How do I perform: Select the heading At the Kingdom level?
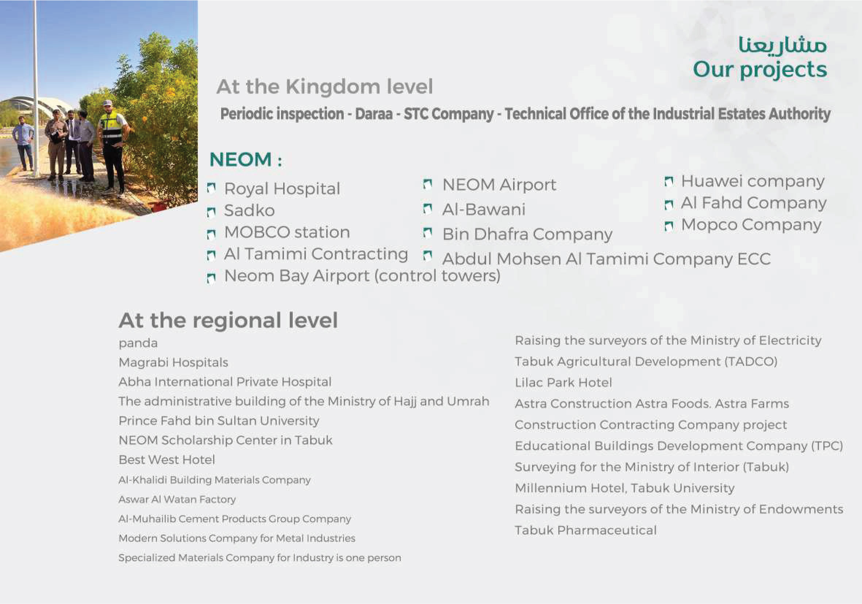(x=325, y=87)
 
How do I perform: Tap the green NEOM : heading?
(x=246, y=159)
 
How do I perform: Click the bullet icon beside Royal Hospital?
(x=212, y=187)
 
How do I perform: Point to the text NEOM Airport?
(x=499, y=185)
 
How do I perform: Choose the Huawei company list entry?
(x=753, y=181)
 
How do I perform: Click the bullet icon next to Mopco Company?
(x=669, y=226)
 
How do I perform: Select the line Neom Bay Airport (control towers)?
(x=362, y=276)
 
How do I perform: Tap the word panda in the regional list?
(x=138, y=343)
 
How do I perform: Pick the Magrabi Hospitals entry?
(x=173, y=363)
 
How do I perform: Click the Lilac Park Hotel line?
(x=563, y=382)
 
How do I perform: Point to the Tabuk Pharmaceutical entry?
(x=586, y=530)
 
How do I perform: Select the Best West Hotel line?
(x=167, y=460)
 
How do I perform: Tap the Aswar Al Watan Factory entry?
(x=177, y=499)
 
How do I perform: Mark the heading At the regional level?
(x=228, y=320)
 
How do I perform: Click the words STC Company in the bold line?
(x=449, y=114)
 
